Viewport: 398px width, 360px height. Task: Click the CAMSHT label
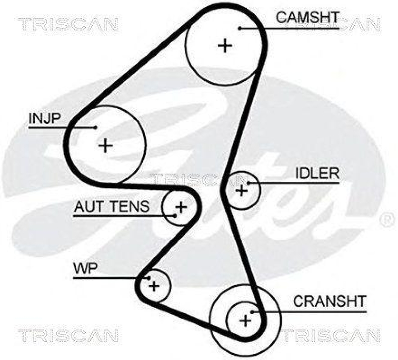pos(307,17)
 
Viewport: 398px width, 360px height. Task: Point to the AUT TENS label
pos(111,206)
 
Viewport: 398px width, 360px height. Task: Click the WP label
pos(86,269)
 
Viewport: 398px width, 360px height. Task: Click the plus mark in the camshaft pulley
pos(225,46)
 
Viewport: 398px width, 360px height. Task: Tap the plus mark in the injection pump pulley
pos(105,145)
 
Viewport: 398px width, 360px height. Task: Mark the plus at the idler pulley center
pos(242,190)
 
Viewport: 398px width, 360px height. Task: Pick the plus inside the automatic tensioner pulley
pos(181,206)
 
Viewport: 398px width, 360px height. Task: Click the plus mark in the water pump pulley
pos(154,286)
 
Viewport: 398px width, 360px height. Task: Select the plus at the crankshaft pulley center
pos(245,320)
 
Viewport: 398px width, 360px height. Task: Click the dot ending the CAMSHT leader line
pos(240,28)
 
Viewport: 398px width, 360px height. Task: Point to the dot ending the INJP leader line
pos(95,128)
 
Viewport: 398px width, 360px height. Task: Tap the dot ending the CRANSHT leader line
pos(253,312)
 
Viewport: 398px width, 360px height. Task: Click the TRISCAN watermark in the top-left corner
pos(68,23)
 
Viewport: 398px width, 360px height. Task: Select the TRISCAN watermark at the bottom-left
pos(68,335)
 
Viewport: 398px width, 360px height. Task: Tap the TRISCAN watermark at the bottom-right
pos(330,335)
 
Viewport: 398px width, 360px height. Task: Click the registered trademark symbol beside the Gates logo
pos(386,218)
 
